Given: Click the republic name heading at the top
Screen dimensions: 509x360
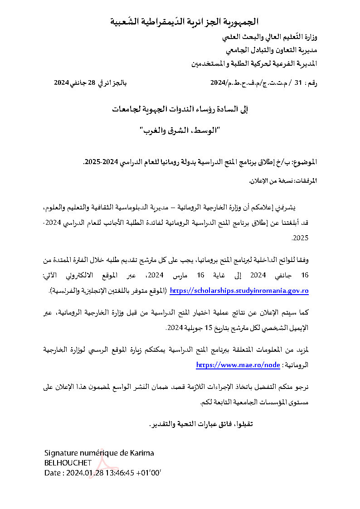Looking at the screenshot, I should point(185,21).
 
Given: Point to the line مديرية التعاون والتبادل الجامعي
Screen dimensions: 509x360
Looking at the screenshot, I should point(271,49).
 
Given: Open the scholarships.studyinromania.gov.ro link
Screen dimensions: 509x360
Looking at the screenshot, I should point(239,291).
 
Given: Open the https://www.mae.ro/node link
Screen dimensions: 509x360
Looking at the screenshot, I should point(238,364).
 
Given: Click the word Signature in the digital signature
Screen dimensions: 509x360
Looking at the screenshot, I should point(60,453).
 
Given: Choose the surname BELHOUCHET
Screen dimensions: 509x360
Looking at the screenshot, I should point(68,463).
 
